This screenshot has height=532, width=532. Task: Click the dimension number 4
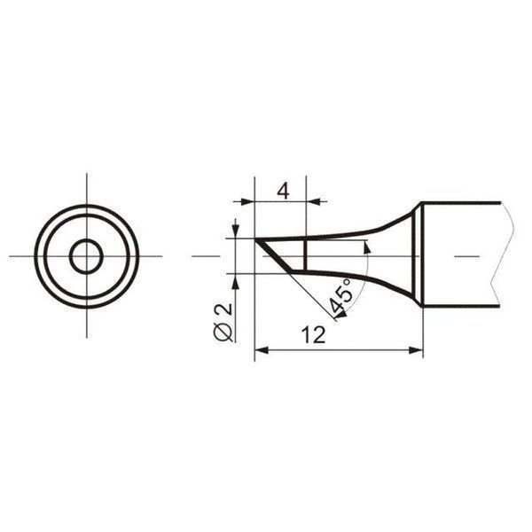[284, 192]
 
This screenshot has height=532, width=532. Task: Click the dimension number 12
[314, 335]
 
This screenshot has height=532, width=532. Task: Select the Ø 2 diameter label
[223, 323]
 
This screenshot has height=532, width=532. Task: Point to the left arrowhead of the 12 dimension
[262, 350]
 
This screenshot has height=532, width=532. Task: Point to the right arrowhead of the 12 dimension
[417, 350]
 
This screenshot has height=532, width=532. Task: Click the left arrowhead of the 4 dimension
[247, 201]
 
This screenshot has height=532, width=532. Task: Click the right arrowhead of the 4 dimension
[313, 201]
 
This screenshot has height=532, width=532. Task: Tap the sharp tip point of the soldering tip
[255, 239]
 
